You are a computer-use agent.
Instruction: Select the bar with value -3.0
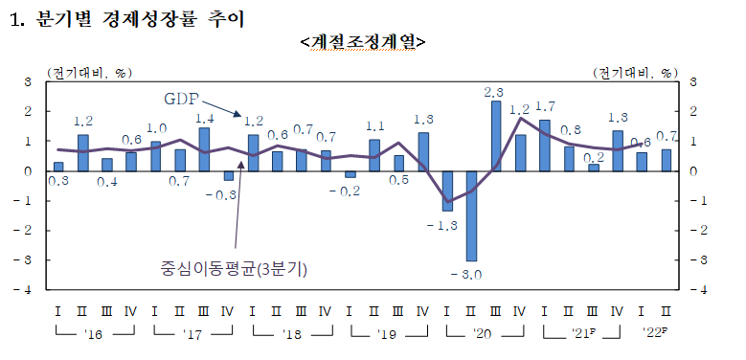[x=471, y=215]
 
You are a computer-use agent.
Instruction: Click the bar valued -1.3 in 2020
[x=447, y=190]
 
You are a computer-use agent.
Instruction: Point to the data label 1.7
[x=546, y=106]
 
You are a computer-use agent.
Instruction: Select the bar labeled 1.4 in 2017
[x=204, y=149]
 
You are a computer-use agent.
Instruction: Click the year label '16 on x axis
[x=92, y=334]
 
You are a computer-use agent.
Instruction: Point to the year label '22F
[x=655, y=334]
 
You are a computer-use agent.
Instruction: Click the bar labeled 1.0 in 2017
[x=155, y=156]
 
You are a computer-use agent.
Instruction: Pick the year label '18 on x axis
[x=288, y=334]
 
